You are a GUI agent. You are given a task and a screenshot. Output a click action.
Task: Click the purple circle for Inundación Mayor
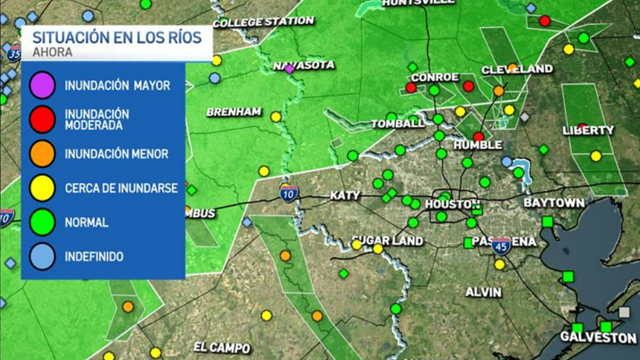(43, 85)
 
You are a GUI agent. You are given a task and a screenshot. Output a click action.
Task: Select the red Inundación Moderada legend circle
(43, 119)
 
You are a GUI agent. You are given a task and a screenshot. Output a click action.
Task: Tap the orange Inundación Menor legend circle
(43, 154)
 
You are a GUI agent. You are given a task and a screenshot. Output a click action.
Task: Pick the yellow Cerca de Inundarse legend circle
(43, 188)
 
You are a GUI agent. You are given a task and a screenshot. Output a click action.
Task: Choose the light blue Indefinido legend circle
(43, 257)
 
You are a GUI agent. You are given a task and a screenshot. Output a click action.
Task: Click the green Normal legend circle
(43, 222)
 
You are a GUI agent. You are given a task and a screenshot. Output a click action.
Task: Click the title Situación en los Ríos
(117, 37)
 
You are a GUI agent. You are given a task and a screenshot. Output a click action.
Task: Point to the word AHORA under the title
(52, 53)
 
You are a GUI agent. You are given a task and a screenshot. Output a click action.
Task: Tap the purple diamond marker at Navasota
(289, 69)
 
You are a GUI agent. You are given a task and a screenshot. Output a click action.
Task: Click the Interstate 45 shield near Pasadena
(501, 245)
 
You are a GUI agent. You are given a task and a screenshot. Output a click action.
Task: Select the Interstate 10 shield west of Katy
(289, 194)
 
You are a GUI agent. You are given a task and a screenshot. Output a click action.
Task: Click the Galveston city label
(598, 338)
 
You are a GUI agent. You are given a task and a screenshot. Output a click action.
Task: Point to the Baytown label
(554, 203)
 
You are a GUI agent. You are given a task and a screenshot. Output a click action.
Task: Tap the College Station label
(263, 22)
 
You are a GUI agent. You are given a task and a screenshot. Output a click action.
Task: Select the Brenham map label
(234, 112)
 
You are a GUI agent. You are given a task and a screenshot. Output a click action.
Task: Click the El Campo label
(221, 348)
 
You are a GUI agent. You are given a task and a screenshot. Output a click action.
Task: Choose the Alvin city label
(483, 292)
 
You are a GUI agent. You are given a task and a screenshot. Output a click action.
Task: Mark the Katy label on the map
(345, 196)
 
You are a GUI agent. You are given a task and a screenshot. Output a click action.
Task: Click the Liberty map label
(589, 131)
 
